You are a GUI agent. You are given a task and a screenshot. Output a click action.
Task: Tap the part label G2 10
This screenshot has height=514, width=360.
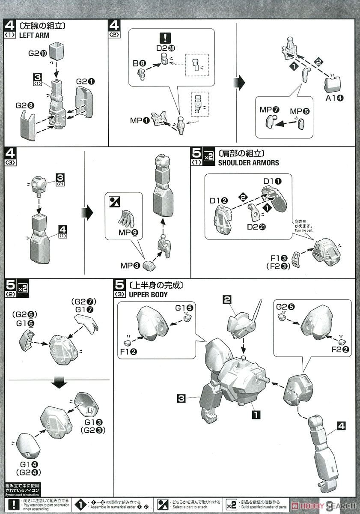(x=37, y=53)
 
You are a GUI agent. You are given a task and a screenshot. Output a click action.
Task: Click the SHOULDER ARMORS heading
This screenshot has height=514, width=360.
(x=248, y=163)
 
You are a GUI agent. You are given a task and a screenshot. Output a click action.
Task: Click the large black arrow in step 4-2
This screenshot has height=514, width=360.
(x=241, y=81)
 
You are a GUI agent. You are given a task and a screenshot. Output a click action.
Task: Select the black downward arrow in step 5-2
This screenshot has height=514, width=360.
(x=60, y=383)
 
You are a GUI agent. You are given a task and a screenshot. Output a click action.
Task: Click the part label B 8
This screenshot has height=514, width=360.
(x=140, y=63)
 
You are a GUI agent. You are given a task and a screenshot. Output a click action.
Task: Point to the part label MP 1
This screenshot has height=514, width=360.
(x=140, y=121)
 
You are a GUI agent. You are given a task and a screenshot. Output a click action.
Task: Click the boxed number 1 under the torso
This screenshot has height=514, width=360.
(x=256, y=414)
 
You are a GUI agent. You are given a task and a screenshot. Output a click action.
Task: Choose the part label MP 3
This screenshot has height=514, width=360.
(x=130, y=266)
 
